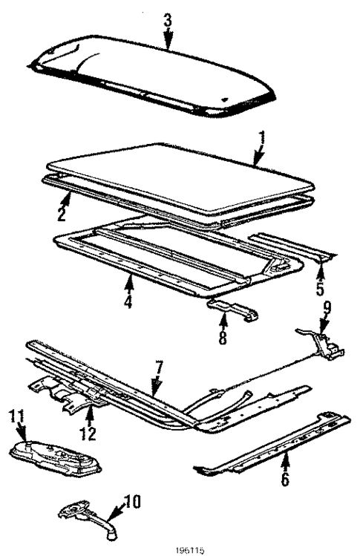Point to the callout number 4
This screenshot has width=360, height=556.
128,301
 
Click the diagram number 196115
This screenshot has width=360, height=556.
180,551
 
